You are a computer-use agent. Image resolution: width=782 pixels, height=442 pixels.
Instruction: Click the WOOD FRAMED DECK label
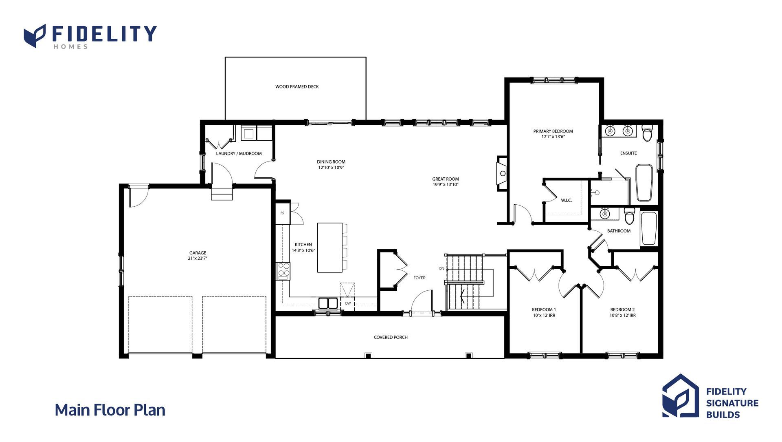[x=297, y=86]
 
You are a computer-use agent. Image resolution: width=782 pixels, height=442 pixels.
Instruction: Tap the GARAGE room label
[x=198, y=253]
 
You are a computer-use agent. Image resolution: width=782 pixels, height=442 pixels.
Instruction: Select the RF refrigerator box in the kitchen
[x=283, y=213]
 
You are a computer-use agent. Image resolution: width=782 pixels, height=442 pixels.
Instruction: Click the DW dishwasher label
[x=348, y=303]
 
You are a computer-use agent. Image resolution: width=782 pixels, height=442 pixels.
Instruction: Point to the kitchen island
[x=330, y=248]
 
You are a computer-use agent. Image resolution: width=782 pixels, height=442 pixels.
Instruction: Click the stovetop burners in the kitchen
[x=283, y=271]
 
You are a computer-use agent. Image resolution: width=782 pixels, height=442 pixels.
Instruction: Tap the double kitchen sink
[x=328, y=303]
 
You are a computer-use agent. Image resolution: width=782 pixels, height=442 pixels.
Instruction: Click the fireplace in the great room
[x=502, y=173]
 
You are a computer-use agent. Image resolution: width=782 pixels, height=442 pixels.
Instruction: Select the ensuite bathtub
[x=644, y=183]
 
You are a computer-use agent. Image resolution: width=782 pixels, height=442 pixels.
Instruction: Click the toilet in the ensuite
[x=647, y=133]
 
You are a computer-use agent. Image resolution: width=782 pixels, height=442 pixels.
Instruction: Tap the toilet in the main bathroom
[x=630, y=216]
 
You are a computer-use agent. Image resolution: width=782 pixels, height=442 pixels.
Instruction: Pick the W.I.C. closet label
[x=566, y=200]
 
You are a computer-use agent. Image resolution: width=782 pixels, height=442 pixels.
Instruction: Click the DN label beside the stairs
[x=442, y=268]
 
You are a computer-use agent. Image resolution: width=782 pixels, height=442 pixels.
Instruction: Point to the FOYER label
[x=419, y=278]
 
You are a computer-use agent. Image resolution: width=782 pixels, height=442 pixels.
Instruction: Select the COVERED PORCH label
[x=391, y=337]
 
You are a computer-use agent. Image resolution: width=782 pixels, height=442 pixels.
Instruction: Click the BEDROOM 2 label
[x=622, y=309]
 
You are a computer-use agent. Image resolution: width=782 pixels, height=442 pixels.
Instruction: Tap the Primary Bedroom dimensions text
[x=553, y=137]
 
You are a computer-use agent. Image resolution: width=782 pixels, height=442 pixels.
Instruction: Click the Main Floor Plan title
[x=110, y=410]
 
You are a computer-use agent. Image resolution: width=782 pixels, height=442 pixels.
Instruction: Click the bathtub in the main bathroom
[x=649, y=229]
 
